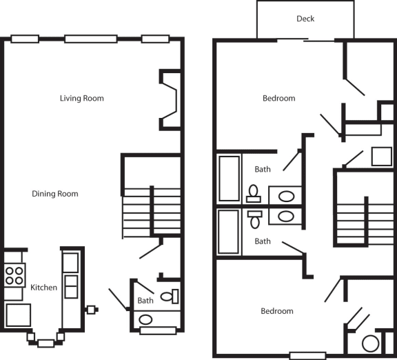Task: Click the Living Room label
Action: [81, 98]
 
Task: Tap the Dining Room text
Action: [55, 194]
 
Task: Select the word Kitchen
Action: [43, 287]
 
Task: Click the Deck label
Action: [305, 19]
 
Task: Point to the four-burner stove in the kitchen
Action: [14, 275]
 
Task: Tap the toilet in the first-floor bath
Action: [169, 297]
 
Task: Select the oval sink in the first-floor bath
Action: [145, 319]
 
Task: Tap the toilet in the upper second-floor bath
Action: [253, 192]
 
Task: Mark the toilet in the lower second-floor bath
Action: [253, 219]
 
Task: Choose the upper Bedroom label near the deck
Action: [278, 98]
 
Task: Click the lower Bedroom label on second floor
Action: [276, 311]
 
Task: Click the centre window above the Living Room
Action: [91, 39]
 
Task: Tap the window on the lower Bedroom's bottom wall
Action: [307, 356]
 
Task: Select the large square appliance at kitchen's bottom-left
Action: [18, 314]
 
